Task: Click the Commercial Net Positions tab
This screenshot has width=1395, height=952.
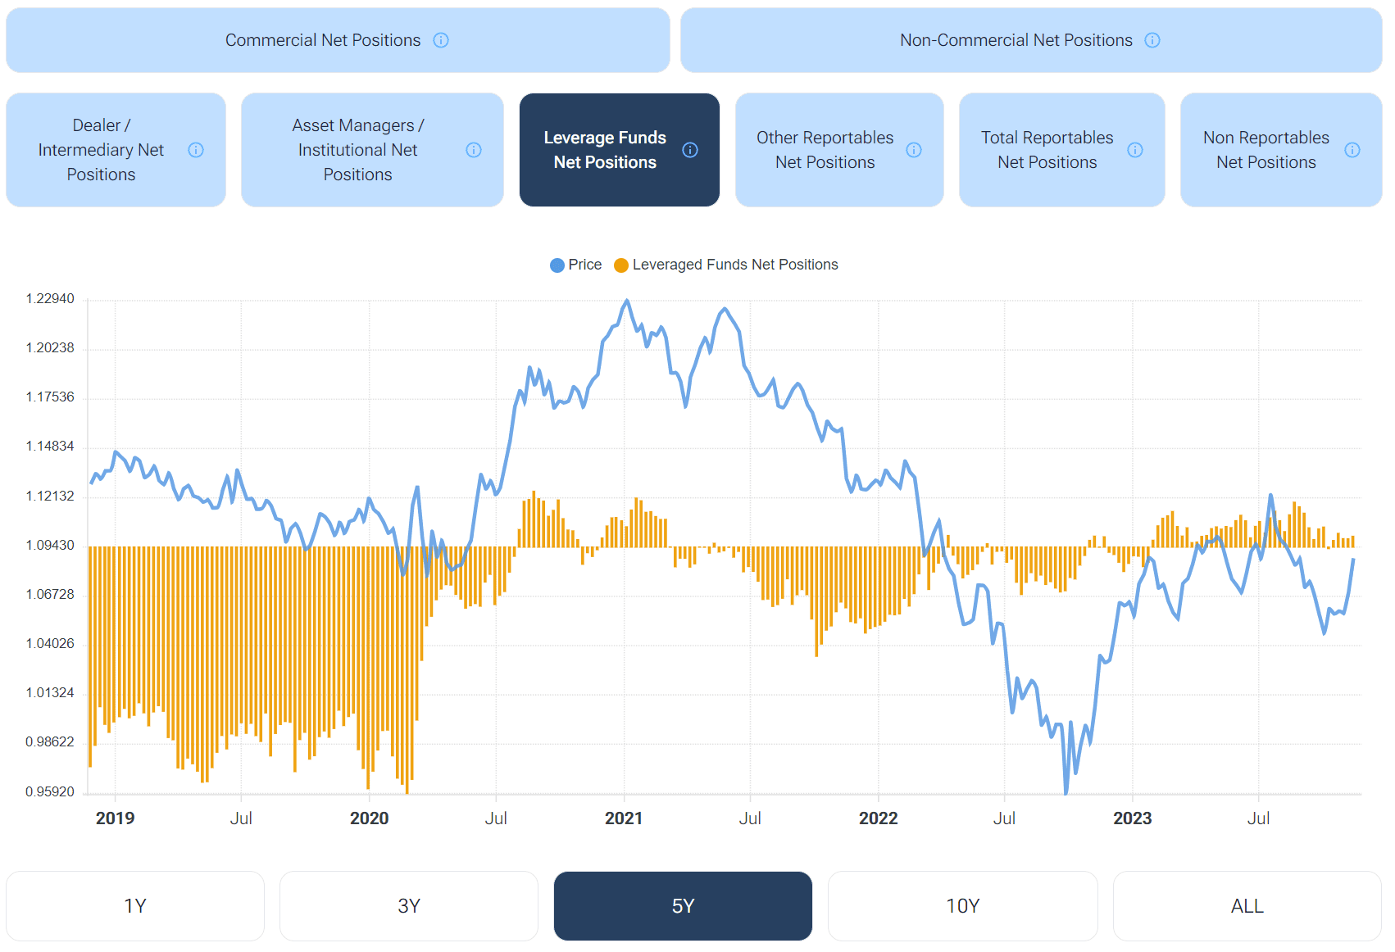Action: click(x=322, y=40)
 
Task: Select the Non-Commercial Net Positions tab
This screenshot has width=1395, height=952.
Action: click(x=1016, y=40)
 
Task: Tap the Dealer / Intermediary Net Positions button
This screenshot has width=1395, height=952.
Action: click(x=101, y=150)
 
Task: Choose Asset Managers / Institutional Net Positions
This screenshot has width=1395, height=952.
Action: click(x=357, y=150)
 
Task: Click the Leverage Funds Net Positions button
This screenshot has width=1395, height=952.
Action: click(x=605, y=150)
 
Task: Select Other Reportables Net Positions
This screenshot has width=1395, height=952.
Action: click(x=825, y=150)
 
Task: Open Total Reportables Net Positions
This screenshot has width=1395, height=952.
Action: click(x=1047, y=150)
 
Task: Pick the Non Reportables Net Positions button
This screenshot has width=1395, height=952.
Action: click(x=1265, y=150)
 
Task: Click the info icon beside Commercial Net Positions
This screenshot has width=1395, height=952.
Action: click(x=441, y=40)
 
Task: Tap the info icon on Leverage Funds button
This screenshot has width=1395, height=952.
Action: click(x=690, y=150)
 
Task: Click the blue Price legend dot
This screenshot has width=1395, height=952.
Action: click(x=557, y=265)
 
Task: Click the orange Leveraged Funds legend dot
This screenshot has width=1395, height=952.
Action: click(x=621, y=265)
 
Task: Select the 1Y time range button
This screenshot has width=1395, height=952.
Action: click(x=135, y=906)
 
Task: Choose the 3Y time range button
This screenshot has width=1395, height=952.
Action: click(x=409, y=906)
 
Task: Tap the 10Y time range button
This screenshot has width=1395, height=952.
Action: click(x=962, y=906)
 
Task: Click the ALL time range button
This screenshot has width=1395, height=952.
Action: click(x=1247, y=906)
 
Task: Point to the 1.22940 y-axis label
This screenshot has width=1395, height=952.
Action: click(x=50, y=299)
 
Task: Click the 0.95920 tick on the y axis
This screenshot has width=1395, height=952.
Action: click(x=50, y=792)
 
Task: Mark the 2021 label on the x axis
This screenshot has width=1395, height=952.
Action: click(x=624, y=818)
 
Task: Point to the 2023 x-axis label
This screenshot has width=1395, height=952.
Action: click(x=1132, y=818)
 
